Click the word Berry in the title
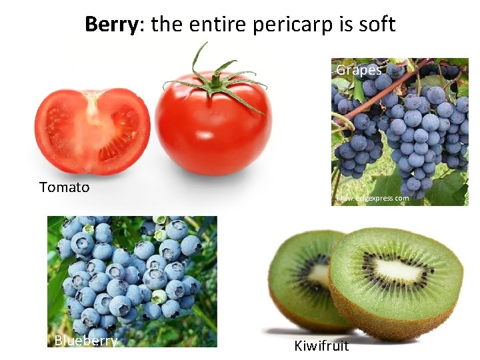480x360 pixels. coord(110,25)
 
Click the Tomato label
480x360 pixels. coord(64,187)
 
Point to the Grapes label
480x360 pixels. coord(359,70)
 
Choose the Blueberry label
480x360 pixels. coord(86,341)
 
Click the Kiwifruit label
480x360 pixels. coord(321,346)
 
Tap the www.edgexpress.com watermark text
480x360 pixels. coord(373,198)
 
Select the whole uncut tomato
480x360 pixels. coord(213,130)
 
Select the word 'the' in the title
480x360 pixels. coord(168,25)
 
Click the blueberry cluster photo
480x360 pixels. coord(131,280)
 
